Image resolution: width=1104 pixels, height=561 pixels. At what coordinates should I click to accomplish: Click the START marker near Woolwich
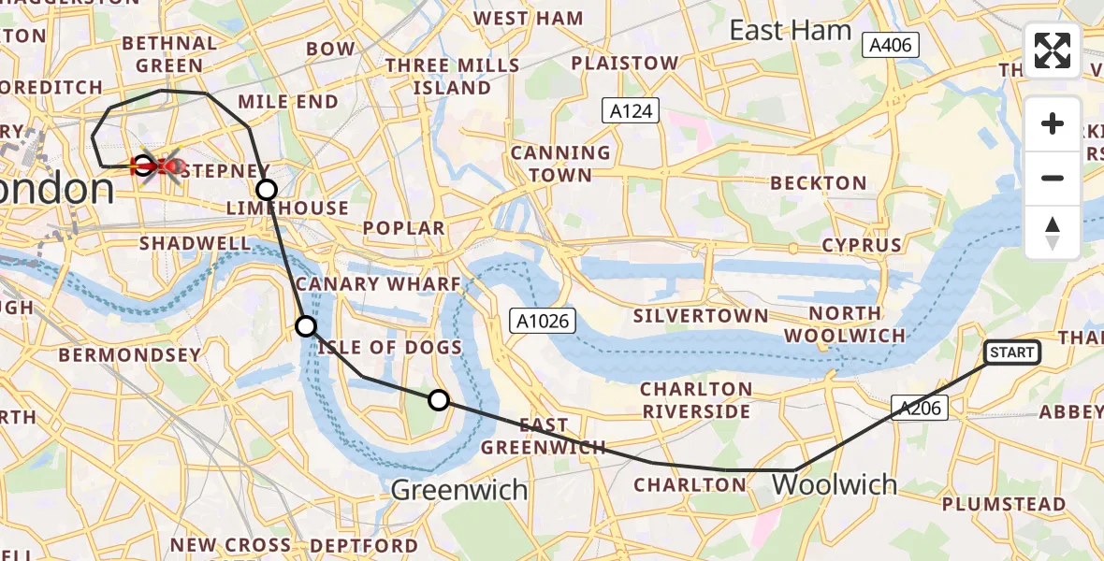click(x=1012, y=352)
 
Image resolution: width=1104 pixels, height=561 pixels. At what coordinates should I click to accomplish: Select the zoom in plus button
click(x=1053, y=123)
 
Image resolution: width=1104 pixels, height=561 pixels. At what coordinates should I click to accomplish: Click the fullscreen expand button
click(x=1053, y=50)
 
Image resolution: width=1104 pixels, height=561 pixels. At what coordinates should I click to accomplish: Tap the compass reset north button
click(x=1053, y=233)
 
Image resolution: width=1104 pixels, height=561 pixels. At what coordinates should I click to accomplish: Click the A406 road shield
click(x=892, y=44)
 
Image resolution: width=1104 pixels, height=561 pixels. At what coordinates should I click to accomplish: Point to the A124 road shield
click(x=631, y=111)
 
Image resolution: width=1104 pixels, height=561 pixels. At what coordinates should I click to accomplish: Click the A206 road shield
click(x=920, y=407)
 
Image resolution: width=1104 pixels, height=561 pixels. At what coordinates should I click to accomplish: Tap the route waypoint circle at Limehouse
click(x=267, y=191)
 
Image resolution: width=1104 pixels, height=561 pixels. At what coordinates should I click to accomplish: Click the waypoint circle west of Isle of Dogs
click(x=306, y=326)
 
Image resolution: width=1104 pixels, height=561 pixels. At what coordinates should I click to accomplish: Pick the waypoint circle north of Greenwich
click(x=439, y=401)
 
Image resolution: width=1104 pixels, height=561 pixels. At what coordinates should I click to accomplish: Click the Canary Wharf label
click(x=378, y=284)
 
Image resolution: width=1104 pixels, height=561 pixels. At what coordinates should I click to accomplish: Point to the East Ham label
click(x=791, y=31)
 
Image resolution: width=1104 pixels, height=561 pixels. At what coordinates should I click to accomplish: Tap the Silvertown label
click(x=700, y=316)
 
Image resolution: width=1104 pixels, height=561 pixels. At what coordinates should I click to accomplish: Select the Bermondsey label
click(x=130, y=355)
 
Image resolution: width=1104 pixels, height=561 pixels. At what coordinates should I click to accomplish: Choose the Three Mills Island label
click(x=452, y=77)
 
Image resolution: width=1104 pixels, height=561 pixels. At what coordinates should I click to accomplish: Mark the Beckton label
click(x=819, y=182)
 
